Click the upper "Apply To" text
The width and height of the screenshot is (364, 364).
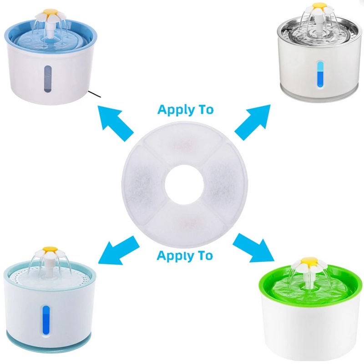click(185, 110)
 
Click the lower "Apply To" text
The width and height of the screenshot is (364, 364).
click(185, 255)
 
